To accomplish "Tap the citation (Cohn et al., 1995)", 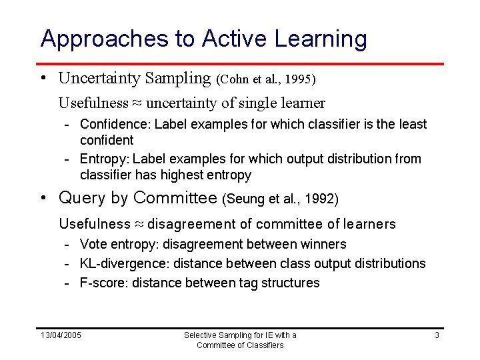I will coord(266,79).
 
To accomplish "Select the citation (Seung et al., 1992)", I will coord(281,199).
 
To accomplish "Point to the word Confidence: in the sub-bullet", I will coord(115,124).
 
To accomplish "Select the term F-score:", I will coord(104,283).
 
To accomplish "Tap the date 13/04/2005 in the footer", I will coord(61,335).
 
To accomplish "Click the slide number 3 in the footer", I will coord(437,335).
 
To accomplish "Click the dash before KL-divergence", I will coord(68,264).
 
